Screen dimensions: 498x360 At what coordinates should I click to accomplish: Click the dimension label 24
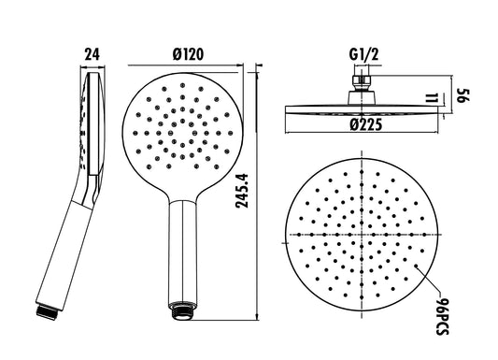[x=92, y=54]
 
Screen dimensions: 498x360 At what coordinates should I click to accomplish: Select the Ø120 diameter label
[x=188, y=54]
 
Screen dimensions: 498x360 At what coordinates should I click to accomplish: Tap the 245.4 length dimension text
[x=242, y=191]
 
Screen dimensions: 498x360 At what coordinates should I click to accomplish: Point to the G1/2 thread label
[x=364, y=54]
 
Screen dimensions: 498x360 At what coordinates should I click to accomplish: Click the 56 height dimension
[x=463, y=95]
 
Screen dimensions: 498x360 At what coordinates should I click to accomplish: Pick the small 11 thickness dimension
[x=433, y=98]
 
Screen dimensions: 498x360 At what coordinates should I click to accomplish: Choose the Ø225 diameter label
[x=366, y=125]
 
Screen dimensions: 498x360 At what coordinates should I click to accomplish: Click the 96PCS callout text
[x=442, y=317]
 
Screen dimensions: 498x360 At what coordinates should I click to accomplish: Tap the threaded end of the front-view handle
[x=181, y=310]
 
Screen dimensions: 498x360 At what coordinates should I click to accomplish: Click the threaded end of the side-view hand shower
[x=48, y=311]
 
